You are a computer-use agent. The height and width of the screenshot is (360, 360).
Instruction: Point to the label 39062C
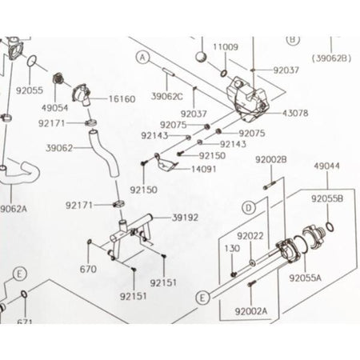[167, 97]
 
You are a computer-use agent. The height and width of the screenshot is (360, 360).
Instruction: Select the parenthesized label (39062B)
[332, 58]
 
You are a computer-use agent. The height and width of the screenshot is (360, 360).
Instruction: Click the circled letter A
[143, 58]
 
